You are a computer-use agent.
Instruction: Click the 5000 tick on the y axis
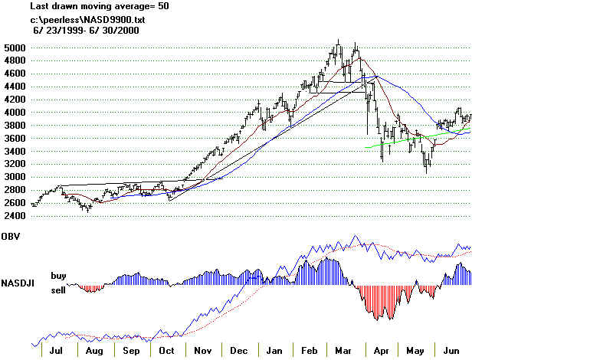[15, 47]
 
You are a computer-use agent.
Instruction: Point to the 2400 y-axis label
[15, 216]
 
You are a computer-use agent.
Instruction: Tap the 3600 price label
[15, 139]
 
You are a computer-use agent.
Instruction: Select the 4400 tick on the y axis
[15, 87]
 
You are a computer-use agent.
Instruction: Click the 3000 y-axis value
[15, 177]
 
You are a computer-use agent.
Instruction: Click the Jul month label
[55, 351]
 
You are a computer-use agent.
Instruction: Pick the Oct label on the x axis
[166, 351]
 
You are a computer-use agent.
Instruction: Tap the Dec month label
[238, 351]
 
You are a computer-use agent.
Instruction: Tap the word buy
[59, 274]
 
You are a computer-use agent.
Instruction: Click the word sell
[59, 290]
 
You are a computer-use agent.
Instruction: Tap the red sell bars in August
[92, 288]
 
